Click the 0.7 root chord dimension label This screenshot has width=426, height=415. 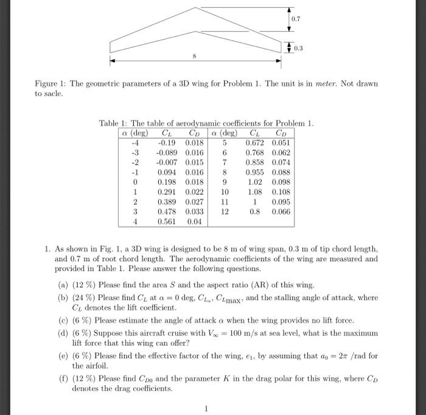(x=295, y=19)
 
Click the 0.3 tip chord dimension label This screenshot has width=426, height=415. (x=298, y=47)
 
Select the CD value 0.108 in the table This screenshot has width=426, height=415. (x=281, y=192)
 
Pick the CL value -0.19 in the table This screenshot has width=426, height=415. (x=167, y=143)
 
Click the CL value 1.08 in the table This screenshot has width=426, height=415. (x=254, y=192)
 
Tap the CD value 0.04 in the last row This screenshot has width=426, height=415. (x=194, y=222)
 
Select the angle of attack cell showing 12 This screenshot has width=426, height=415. (x=224, y=212)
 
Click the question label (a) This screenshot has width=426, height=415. (x=63, y=285)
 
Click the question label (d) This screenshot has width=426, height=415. (x=63, y=333)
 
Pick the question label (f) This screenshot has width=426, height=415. (x=63, y=377)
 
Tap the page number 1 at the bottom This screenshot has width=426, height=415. (x=206, y=409)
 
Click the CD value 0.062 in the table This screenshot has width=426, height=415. (x=281, y=153)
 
